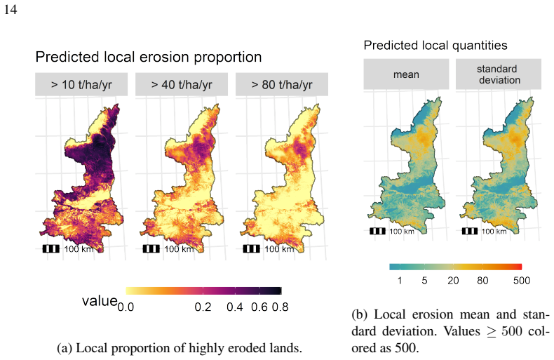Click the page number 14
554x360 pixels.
[x=11, y=9]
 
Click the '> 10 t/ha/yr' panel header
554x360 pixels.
[x=81, y=84]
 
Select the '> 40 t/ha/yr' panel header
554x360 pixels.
[x=182, y=84]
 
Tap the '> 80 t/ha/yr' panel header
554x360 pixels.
[x=282, y=84]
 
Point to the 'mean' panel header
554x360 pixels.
[x=406, y=74]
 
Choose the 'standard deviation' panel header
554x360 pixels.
[x=499, y=74]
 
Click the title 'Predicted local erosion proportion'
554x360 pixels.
[x=149, y=57]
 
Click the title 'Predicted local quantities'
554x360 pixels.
[x=435, y=46]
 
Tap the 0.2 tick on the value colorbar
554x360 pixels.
[x=203, y=291]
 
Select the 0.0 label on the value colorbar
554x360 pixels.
[x=126, y=307]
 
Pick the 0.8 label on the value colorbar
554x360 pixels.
[x=281, y=307]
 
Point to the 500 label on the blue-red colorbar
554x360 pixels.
[x=522, y=281]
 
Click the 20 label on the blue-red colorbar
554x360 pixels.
[x=453, y=281]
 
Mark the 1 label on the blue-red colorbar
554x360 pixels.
[x=400, y=281]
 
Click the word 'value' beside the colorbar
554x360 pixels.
[x=100, y=301]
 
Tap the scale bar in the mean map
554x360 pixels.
[x=377, y=232]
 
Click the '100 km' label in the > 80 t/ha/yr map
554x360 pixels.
[x=279, y=249]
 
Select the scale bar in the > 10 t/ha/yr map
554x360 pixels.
[x=51, y=248]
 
